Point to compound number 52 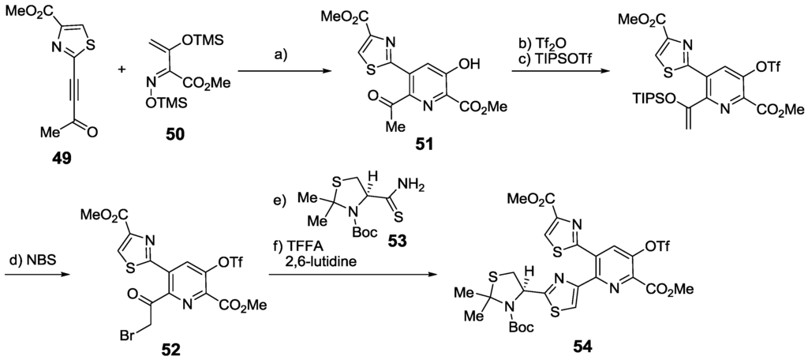click(169, 346)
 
